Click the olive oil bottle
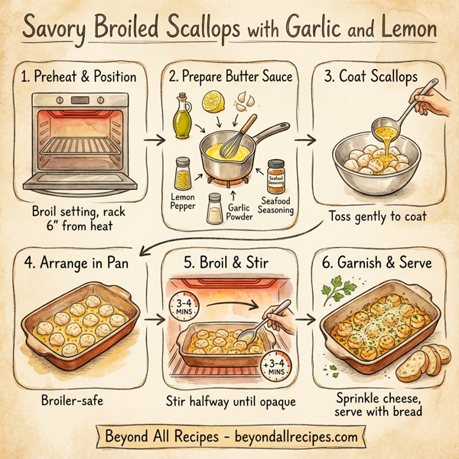pyautogui.click(x=181, y=116)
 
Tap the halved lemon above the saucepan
pyautogui.click(x=213, y=100)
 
